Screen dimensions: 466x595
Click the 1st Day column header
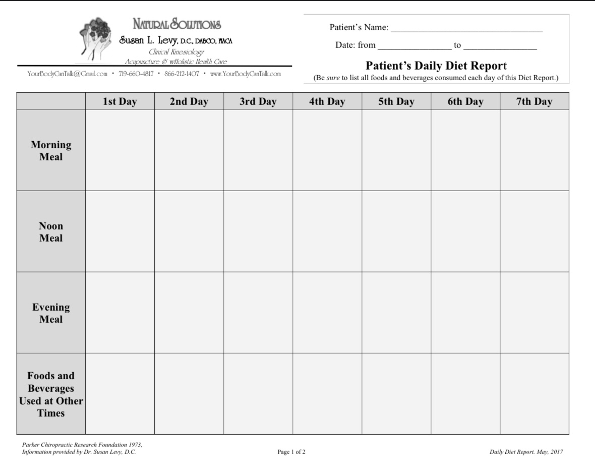(x=120, y=101)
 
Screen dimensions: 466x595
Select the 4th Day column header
(x=327, y=101)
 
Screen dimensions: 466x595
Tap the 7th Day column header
(x=534, y=101)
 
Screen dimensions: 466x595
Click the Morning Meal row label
(x=51, y=151)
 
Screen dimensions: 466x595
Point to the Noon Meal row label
(x=51, y=232)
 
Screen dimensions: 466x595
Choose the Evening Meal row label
(x=51, y=313)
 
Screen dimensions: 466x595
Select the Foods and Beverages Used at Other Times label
(x=51, y=394)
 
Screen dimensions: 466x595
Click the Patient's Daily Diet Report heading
(x=436, y=66)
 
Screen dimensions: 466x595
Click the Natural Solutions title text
(x=176, y=24)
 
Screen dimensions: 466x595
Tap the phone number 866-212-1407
(x=182, y=74)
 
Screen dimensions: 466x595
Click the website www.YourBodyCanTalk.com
(x=245, y=74)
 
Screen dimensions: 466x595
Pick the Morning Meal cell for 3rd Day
(x=258, y=150)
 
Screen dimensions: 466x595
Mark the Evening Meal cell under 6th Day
(x=465, y=313)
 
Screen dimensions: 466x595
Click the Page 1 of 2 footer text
(x=291, y=452)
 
